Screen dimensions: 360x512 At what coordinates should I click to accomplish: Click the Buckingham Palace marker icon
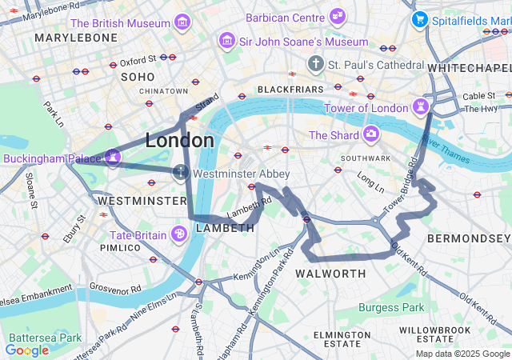click(x=113, y=158)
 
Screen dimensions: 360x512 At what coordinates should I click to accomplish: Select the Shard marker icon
click(x=370, y=134)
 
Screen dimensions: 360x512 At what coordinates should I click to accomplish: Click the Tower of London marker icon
click(x=420, y=107)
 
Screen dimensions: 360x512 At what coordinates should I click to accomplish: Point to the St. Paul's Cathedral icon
click(x=316, y=63)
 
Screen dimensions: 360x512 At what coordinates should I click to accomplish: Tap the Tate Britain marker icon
click(x=180, y=234)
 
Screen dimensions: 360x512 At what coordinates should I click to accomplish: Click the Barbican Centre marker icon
click(x=338, y=16)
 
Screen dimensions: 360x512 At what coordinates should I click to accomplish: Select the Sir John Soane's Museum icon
click(x=227, y=40)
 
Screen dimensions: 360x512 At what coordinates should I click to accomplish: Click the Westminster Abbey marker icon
click(x=182, y=172)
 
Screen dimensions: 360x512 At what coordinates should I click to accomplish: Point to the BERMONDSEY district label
click(x=468, y=238)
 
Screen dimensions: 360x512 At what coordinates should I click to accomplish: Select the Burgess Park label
click(x=391, y=307)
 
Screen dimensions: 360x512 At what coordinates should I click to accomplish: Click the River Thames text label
click(x=446, y=150)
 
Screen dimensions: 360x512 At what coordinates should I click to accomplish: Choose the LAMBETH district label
click(x=224, y=228)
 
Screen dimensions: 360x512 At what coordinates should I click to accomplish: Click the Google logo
click(x=26, y=350)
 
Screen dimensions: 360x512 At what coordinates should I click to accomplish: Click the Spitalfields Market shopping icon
click(x=418, y=18)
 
